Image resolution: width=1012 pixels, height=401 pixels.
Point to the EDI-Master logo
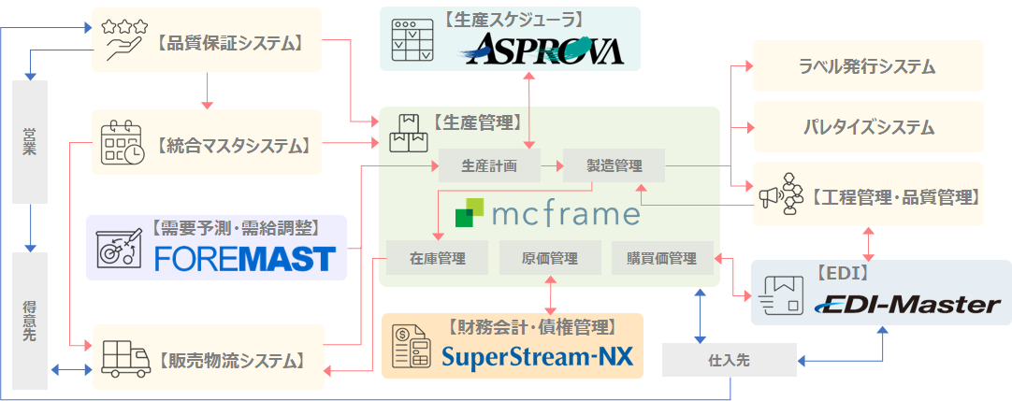(908, 305)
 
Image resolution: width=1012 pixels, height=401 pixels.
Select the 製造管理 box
(614, 166)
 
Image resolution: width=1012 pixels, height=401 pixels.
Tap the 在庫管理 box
(437, 258)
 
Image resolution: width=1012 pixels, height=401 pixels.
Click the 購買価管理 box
(661, 258)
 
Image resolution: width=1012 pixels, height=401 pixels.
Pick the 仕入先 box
(730, 360)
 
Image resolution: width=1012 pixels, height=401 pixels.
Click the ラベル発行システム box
(867, 66)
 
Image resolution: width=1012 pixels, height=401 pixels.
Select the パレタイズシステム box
(867, 127)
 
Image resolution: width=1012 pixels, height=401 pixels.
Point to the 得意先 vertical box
(30, 321)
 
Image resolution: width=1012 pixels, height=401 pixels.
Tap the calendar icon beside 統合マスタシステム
(122, 142)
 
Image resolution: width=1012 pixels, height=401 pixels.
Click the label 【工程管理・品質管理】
(895, 196)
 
